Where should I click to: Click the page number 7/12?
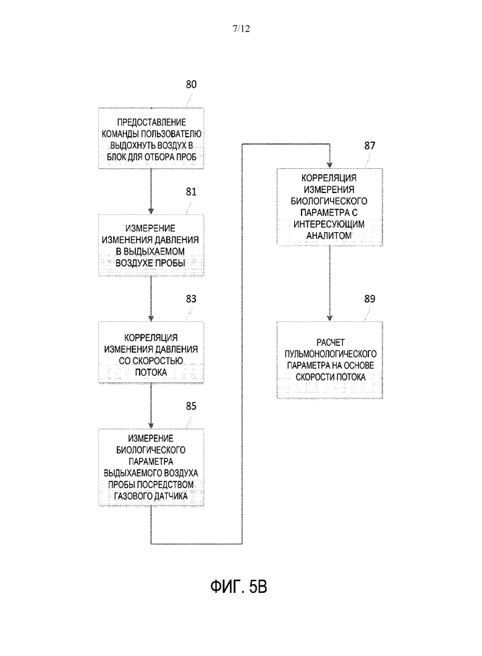241,28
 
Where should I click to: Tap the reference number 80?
191,85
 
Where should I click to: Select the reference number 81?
191,192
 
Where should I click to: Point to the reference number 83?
191,299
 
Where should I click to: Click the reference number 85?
191,406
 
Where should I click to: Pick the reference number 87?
370,145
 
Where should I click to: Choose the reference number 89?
370,299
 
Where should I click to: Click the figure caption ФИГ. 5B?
239,587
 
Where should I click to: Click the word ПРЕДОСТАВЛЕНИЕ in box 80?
151,122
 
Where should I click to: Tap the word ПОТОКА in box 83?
151,372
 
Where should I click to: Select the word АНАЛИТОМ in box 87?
329,236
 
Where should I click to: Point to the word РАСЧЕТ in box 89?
331,342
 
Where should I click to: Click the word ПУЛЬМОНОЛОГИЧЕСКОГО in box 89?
331,354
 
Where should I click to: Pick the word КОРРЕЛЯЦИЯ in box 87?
329,178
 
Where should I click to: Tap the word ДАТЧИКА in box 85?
169,496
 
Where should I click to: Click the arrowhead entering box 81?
151,211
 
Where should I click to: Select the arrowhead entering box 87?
329,165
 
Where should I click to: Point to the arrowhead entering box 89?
329,318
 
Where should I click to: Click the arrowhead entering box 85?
151,425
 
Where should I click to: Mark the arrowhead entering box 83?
151,318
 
